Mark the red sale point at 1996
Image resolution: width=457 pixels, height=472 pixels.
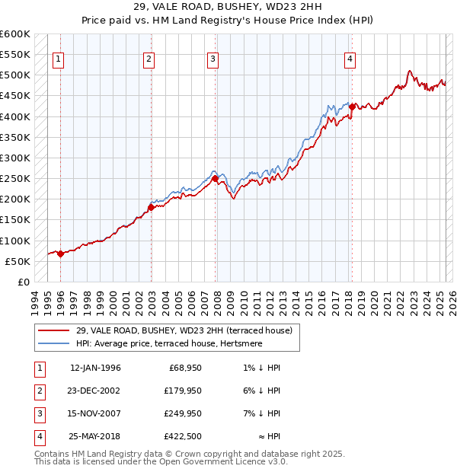[60, 254]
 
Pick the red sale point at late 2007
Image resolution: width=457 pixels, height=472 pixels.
[215, 179]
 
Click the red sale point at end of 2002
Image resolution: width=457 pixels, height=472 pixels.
[151, 207]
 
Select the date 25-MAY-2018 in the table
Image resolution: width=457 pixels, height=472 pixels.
[95, 436]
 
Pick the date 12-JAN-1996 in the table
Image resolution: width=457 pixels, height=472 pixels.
[95, 368]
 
